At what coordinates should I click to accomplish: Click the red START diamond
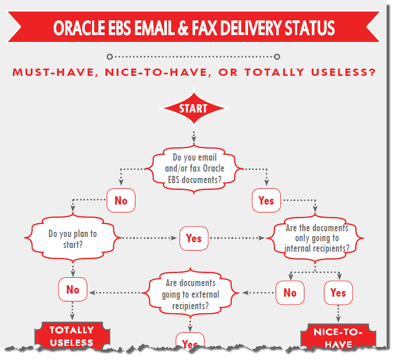tap(194, 109)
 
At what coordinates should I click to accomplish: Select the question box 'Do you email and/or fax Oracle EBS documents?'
tap(194, 167)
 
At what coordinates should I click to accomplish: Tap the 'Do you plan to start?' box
tap(73, 238)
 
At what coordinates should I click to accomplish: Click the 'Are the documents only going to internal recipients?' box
tap(316, 238)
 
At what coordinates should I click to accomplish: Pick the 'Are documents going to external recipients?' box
tap(190, 294)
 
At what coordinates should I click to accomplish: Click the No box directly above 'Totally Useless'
tap(73, 290)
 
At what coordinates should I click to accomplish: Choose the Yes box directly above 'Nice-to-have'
tap(338, 292)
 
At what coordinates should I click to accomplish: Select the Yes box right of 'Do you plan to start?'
tap(194, 238)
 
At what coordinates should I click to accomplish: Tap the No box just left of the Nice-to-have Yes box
tap(290, 293)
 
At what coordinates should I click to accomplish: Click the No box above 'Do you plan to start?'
tap(121, 201)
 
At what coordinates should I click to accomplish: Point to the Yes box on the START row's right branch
tap(266, 201)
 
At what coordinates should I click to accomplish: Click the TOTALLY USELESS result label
tap(72, 336)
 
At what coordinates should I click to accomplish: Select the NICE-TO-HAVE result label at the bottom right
tap(337, 338)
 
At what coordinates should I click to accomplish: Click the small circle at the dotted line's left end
tap(109, 57)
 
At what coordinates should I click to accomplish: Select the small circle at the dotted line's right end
tap(277, 57)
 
